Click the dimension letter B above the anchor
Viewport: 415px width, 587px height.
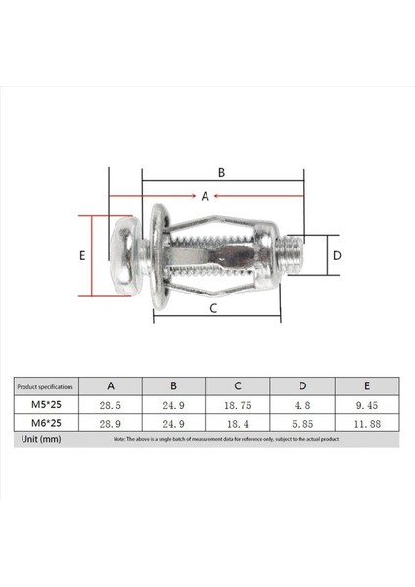pos(222,172)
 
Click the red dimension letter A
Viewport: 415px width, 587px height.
pos(206,196)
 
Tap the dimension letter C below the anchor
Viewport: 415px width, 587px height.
pos(214,308)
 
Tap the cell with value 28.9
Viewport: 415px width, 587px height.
pos(111,423)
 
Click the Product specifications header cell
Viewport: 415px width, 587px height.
pos(45,385)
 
